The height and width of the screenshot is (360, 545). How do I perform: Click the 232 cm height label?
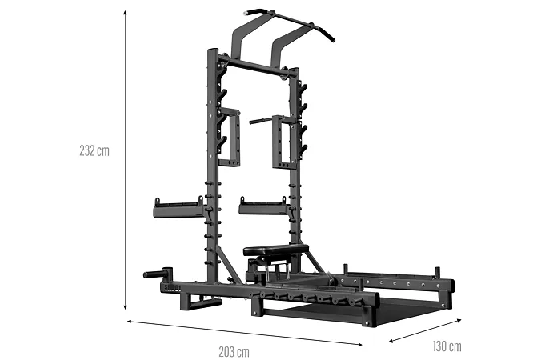click(x=94, y=151)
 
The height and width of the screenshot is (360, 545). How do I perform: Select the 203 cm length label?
click(x=234, y=352)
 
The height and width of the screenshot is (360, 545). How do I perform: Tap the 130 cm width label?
click(x=447, y=346)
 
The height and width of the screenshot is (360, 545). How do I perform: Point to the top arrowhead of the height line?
click(x=125, y=13)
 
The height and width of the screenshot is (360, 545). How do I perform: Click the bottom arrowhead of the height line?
click(x=125, y=307)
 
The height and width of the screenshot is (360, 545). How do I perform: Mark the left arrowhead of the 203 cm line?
click(x=130, y=322)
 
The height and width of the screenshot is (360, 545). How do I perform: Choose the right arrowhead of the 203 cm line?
click(x=359, y=344)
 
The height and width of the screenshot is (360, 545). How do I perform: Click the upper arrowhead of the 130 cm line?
click(x=459, y=320)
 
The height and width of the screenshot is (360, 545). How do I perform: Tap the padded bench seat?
click(x=276, y=250)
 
